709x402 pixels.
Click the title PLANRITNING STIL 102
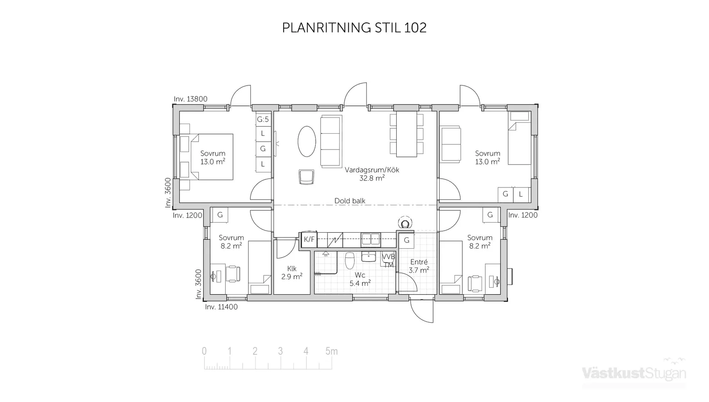tap(354, 28)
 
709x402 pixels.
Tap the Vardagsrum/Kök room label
tap(371, 174)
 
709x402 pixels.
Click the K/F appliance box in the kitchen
tap(309, 240)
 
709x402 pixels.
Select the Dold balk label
tap(350, 201)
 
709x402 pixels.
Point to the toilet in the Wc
tap(350, 261)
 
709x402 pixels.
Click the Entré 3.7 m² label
tap(419, 266)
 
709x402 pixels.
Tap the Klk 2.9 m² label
tap(292, 272)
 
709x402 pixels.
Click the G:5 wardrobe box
tap(263, 119)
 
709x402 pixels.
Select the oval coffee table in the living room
tap(307, 141)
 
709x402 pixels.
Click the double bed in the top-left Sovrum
tap(212, 157)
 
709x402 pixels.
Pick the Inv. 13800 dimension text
tap(191, 99)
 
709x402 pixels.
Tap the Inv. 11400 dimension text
tap(221, 307)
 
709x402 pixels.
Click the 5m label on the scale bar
tap(331, 351)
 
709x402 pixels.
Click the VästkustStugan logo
tap(634, 373)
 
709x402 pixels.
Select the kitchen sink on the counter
tap(371, 239)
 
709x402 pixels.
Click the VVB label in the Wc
tap(388, 257)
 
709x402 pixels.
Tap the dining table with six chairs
tap(407, 135)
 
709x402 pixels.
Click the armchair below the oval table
tap(306, 177)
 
